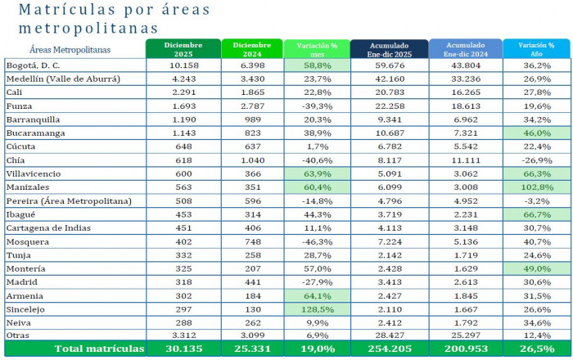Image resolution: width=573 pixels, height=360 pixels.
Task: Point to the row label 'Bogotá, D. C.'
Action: (x=34, y=65)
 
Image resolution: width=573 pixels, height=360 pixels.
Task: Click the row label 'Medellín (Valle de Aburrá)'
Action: (x=63, y=79)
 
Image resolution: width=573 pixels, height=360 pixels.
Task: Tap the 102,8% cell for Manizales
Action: (x=536, y=187)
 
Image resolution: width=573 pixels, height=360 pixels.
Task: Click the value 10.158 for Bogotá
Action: (x=183, y=65)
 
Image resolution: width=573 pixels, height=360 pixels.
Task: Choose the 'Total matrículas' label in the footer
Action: (x=98, y=349)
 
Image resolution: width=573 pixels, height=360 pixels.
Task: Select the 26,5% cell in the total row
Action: (x=536, y=349)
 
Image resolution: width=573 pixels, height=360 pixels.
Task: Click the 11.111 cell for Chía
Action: (x=464, y=160)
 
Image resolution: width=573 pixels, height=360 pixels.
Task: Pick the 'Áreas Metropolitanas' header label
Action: (x=69, y=50)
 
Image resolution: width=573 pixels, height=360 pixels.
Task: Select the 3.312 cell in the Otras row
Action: (x=183, y=336)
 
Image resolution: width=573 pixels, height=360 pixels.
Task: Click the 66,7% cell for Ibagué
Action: (x=536, y=214)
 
